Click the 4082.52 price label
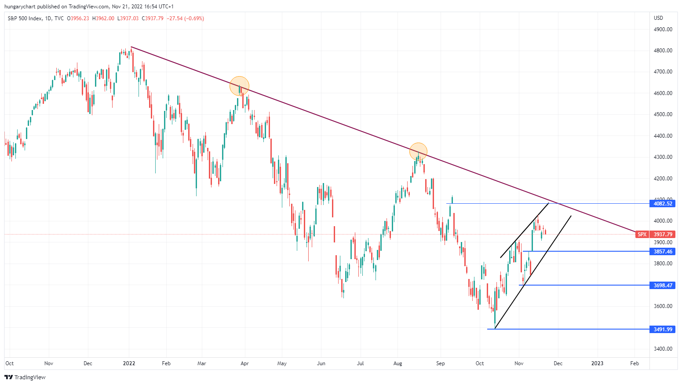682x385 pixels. (663, 203)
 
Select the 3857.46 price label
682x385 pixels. (663, 251)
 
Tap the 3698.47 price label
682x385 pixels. (663, 285)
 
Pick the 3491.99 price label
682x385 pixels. (663, 329)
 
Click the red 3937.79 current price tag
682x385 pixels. (663, 234)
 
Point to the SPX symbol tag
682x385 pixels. (642, 234)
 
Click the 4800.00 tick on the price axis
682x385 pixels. (663, 51)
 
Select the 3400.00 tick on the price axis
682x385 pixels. (663, 349)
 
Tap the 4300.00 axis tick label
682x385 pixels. (663, 157)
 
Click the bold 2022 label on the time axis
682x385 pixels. (129, 363)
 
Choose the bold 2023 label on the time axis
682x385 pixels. (597, 363)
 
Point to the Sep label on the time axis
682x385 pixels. (440, 363)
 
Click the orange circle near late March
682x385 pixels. (240, 86)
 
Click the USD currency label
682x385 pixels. (658, 18)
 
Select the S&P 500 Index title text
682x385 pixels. (25, 18)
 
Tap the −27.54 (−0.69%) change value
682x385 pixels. (185, 18)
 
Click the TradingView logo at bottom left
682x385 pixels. (25, 377)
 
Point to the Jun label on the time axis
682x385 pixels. (321, 363)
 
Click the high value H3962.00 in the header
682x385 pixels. (103, 18)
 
